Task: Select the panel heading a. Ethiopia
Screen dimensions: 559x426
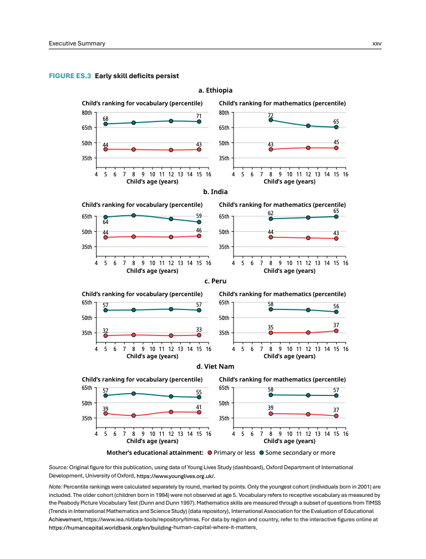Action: (x=215, y=90)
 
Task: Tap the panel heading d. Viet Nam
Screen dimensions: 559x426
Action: (x=215, y=367)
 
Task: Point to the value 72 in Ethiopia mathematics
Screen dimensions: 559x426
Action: (x=271, y=115)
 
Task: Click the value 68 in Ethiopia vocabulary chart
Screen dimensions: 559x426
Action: (x=105, y=118)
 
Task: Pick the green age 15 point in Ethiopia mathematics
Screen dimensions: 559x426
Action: (x=336, y=127)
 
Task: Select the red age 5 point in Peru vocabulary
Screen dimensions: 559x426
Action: (x=105, y=336)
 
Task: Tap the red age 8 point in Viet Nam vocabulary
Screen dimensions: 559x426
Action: (x=134, y=415)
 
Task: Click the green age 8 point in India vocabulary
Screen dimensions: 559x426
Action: (x=134, y=215)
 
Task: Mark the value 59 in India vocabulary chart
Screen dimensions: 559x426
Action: (x=199, y=215)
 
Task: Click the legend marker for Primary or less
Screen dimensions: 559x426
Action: (x=210, y=453)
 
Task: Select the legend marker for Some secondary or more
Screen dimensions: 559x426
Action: (x=261, y=453)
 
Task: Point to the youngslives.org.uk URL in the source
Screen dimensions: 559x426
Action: (x=176, y=476)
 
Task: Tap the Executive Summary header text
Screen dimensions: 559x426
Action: (x=77, y=44)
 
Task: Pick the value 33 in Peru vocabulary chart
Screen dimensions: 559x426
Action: (x=199, y=329)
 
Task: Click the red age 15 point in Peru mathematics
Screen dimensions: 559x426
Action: (x=336, y=331)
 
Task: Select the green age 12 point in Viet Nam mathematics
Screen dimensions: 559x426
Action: (x=308, y=395)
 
